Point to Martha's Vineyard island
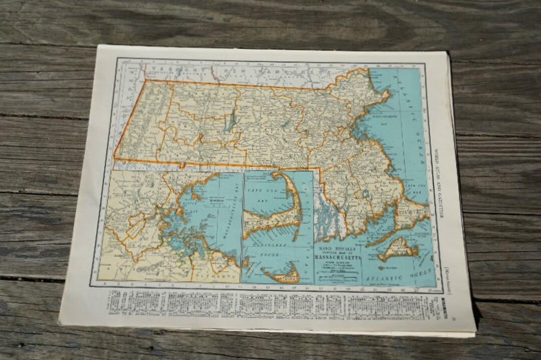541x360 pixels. pos(398,248)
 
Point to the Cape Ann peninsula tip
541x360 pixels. pos(386,93)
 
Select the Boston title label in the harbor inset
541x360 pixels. pos(206,199)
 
